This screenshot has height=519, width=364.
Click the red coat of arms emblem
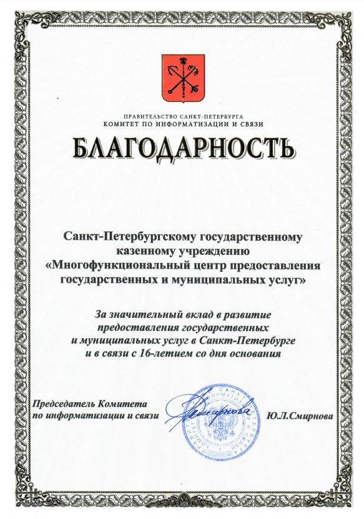click(x=182, y=78)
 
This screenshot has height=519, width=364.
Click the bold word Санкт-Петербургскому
click(x=127, y=237)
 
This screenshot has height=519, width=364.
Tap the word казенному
click(x=144, y=252)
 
